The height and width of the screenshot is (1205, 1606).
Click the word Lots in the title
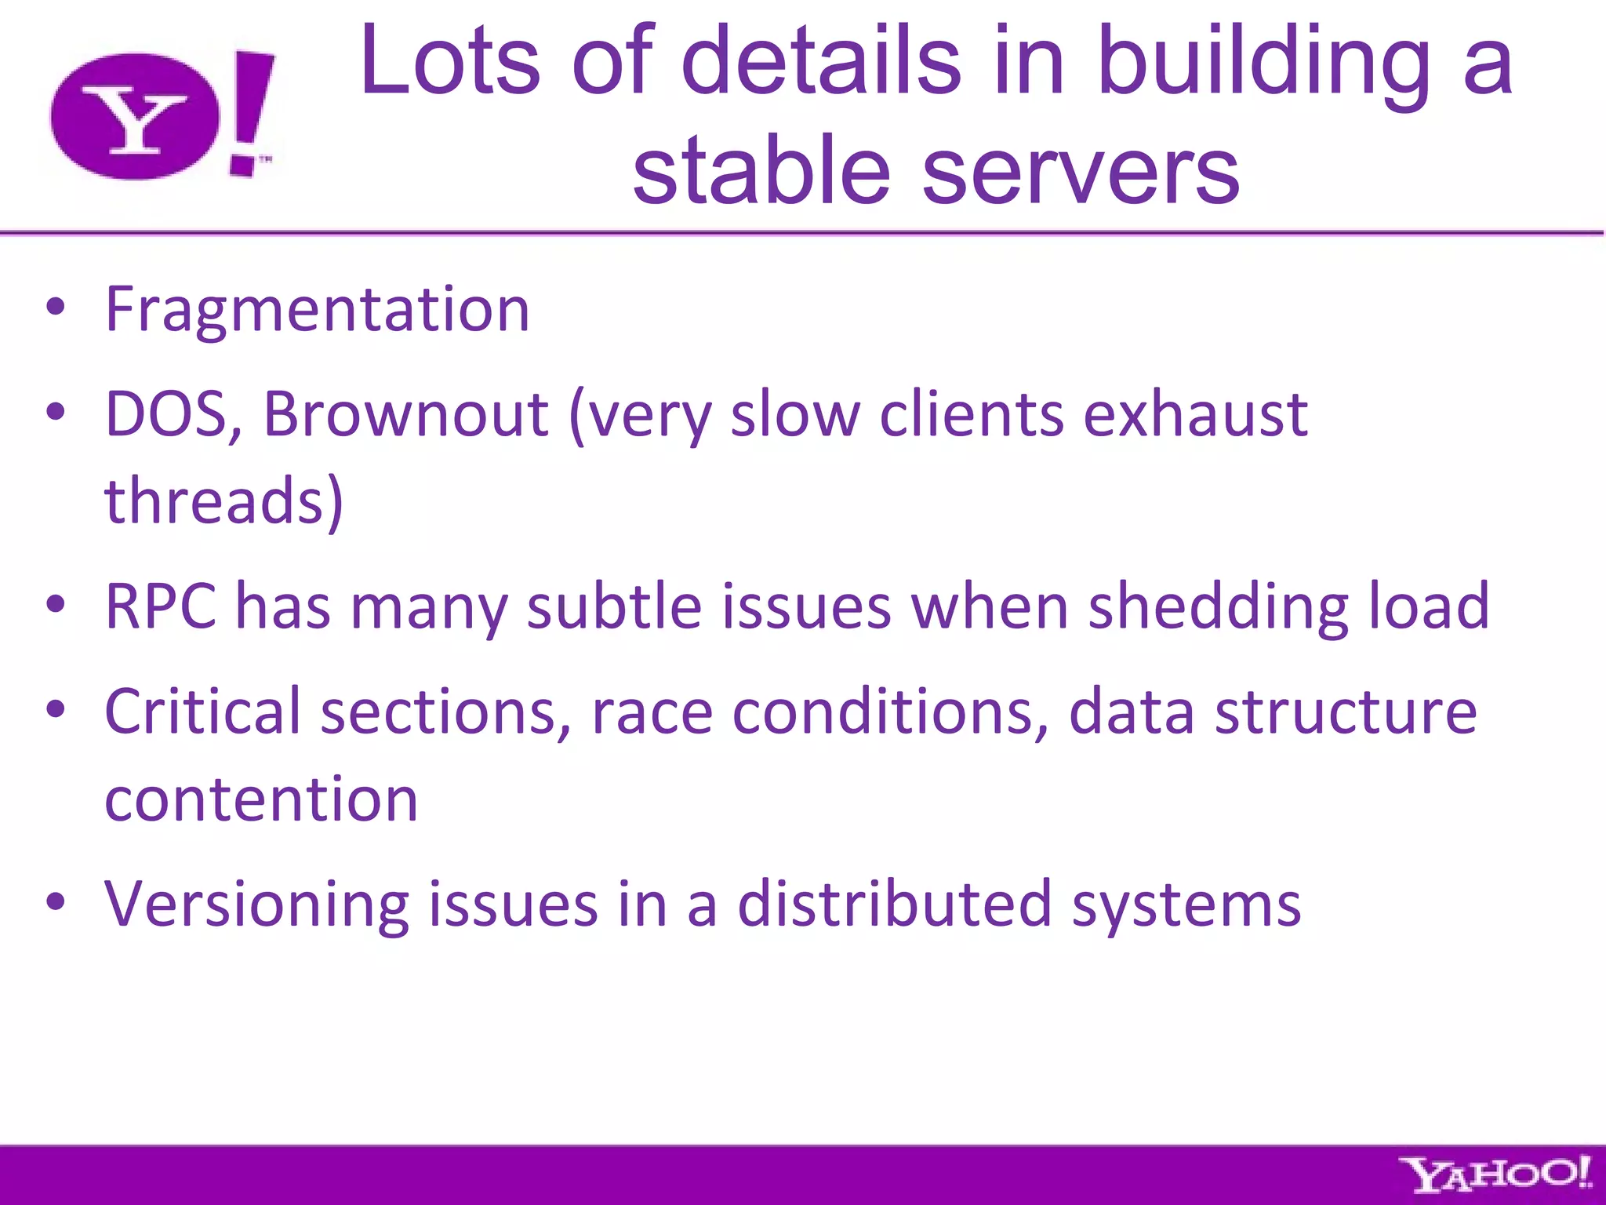pyautogui.click(x=450, y=61)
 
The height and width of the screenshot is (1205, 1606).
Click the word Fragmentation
pyautogui.click(x=318, y=309)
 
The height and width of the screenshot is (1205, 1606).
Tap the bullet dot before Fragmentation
pyautogui.click(x=55, y=308)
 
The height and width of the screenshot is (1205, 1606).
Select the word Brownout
pyautogui.click(x=405, y=414)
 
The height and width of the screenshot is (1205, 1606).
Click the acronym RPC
pyautogui.click(x=161, y=606)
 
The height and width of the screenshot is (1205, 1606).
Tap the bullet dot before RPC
pyautogui.click(x=55, y=605)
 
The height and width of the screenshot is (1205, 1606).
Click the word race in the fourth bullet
pyautogui.click(x=652, y=712)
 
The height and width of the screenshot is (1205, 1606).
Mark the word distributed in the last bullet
pyautogui.click(x=894, y=904)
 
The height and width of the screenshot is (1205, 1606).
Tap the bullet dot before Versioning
pyautogui.click(x=55, y=902)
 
